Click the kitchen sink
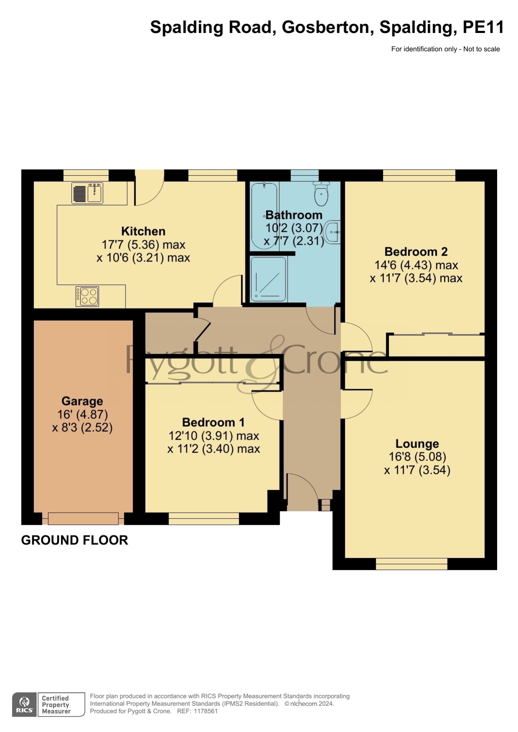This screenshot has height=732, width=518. click(x=87, y=193)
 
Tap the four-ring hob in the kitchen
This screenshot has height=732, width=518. click(x=87, y=296)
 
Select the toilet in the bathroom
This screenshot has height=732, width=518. click(x=321, y=194)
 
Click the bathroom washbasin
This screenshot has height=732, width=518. click(x=333, y=232)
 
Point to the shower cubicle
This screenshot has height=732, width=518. click(x=268, y=279)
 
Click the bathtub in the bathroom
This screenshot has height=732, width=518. click(x=264, y=216)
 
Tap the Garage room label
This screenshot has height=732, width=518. click(x=82, y=401)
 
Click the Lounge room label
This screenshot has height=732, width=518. click(x=417, y=444)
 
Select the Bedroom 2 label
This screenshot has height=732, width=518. click(x=416, y=252)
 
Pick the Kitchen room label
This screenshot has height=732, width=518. click(x=143, y=231)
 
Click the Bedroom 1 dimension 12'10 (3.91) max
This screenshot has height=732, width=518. click(x=214, y=436)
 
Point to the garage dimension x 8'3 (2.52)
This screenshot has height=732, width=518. click(x=82, y=428)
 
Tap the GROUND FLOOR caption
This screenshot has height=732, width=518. click(x=75, y=540)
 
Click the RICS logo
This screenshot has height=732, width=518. click(x=25, y=704)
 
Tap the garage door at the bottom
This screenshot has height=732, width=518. click(x=83, y=518)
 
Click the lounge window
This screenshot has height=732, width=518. click(x=412, y=564)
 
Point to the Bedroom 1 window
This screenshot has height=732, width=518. click(x=204, y=518)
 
